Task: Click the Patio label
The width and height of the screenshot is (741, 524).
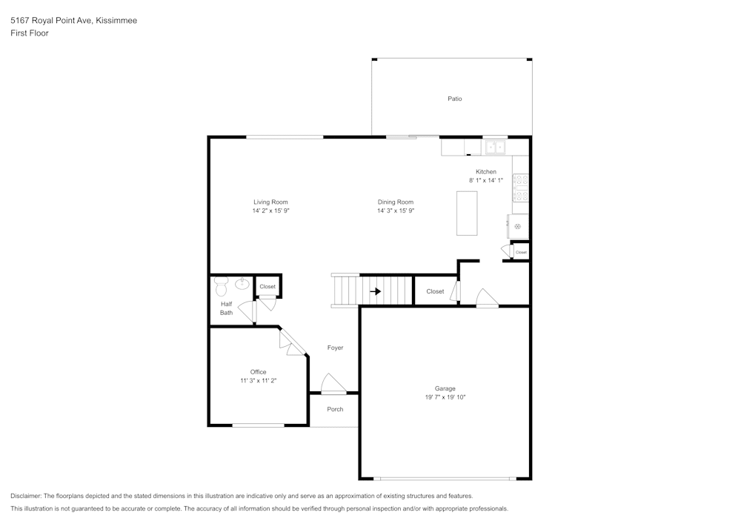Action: (x=454, y=99)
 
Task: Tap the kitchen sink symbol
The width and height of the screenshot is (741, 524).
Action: (x=495, y=147)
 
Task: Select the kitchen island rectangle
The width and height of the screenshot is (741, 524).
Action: (x=467, y=213)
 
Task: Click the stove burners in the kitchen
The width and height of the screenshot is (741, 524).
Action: (x=520, y=188)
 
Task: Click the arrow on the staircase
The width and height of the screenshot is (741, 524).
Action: (x=376, y=291)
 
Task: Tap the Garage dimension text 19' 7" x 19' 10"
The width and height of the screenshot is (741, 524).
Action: (x=445, y=397)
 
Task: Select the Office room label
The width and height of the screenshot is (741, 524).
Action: (x=258, y=372)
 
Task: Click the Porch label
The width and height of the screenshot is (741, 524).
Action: (x=335, y=409)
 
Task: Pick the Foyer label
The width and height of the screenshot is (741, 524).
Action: (x=335, y=348)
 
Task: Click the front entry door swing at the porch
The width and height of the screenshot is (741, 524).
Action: (x=333, y=383)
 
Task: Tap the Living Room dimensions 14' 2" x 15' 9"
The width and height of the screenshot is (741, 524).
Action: (x=270, y=211)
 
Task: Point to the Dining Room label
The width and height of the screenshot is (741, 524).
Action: (x=395, y=202)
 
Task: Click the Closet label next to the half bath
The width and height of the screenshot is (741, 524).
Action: (x=268, y=287)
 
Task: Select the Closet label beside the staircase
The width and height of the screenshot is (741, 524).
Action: (x=435, y=291)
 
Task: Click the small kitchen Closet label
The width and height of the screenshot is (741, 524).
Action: (x=521, y=252)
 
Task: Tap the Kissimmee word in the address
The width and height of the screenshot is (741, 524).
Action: (x=116, y=21)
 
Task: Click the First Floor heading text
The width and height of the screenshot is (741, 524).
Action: (x=30, y=33)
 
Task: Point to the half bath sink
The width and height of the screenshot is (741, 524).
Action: (x=242, y=283)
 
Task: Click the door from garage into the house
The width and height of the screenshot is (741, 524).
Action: (x=486, y=299)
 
